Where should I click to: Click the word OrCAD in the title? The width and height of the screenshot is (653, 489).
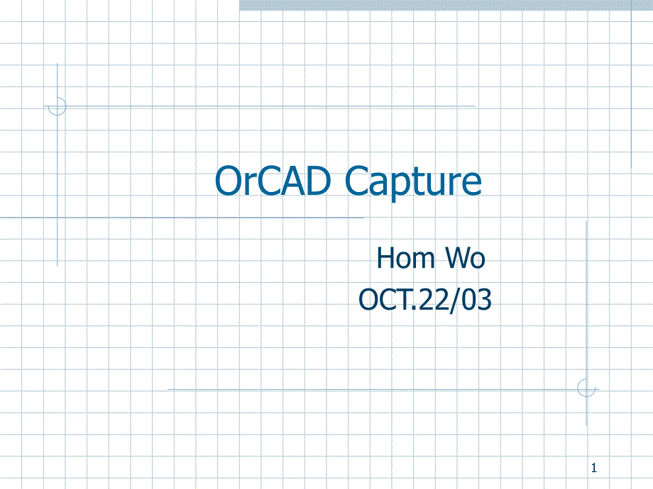click(x=273, y=181)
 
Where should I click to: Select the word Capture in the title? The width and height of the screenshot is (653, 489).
click(x=413, y=184)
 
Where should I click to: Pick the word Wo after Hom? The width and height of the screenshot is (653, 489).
click(x=465, y=258)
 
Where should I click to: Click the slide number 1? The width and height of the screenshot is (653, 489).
click(x=594, y=468)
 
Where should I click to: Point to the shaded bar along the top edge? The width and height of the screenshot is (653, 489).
click(x=446, y=5)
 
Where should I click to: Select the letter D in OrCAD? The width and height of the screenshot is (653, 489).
click(x=317, y=181)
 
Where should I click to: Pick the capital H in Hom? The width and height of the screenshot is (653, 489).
click(x=385, y=258)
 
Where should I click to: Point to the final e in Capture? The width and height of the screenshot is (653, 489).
click(x=471, y=185)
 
